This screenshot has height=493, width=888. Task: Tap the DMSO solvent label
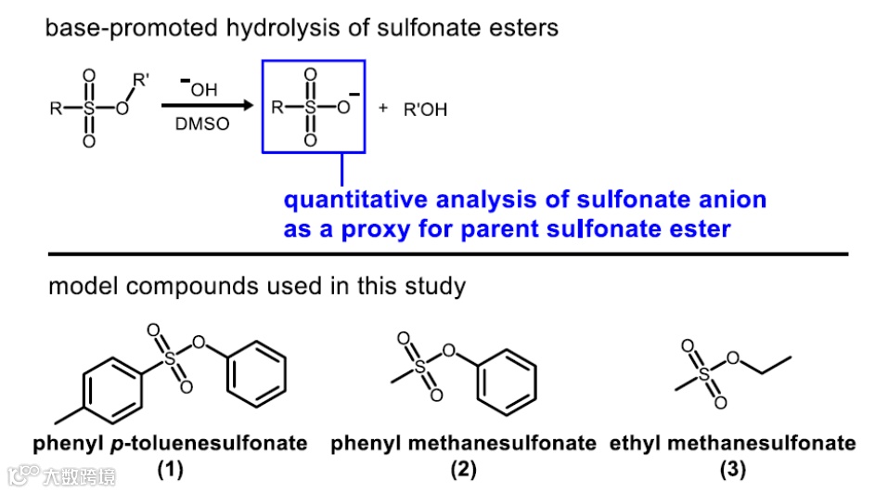click(x=201, y=125)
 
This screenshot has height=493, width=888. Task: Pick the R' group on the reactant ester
click(x=139, y=81)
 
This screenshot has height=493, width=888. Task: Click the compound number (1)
click(x=170, y=469)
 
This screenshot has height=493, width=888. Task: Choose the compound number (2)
click(x=463, y=469)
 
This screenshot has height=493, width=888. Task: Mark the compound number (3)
click(x=732, y=469)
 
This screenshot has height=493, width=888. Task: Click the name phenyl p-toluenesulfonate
click(x=170, y=444)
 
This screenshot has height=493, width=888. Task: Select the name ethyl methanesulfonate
click(x=732, y=444)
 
